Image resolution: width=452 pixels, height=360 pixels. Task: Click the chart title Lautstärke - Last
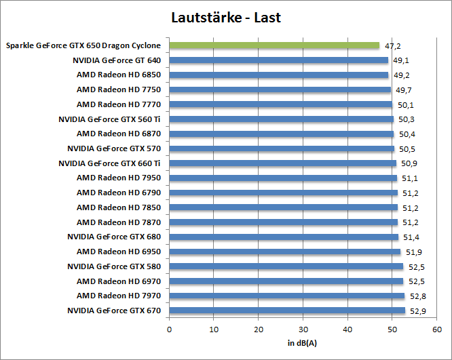226,17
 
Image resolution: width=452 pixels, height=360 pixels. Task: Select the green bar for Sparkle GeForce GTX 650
274,45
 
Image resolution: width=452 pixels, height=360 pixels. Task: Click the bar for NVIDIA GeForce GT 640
278,60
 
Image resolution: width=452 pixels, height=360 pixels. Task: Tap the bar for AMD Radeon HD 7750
280,89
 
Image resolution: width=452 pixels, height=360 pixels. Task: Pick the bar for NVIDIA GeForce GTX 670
287,311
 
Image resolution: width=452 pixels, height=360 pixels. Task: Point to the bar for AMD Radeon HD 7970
286,296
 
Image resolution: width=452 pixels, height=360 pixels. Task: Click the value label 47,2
392,46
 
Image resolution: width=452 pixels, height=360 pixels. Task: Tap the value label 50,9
409,163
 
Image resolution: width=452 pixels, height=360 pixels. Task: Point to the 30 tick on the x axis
303,329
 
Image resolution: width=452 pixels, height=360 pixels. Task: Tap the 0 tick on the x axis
169,329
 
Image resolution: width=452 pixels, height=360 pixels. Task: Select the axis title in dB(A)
302,343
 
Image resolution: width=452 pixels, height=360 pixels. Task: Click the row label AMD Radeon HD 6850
119,75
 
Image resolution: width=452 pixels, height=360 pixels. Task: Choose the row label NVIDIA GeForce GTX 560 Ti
110,119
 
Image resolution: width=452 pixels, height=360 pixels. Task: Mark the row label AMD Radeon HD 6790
119,193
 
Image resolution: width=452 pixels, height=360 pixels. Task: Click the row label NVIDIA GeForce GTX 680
114,237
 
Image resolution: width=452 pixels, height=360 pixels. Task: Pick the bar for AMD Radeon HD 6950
285,252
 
